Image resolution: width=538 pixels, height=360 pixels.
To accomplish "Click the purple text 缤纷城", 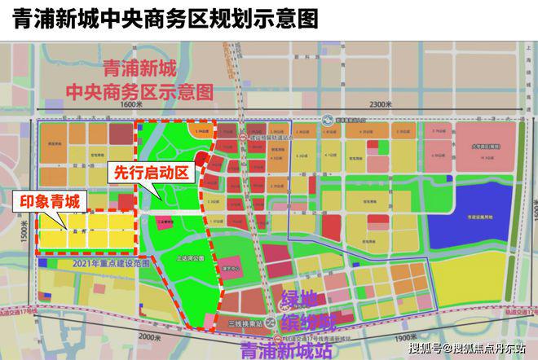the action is (x=314, y=318).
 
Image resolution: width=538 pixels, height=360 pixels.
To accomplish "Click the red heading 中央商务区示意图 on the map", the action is (x=155, y=88).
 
